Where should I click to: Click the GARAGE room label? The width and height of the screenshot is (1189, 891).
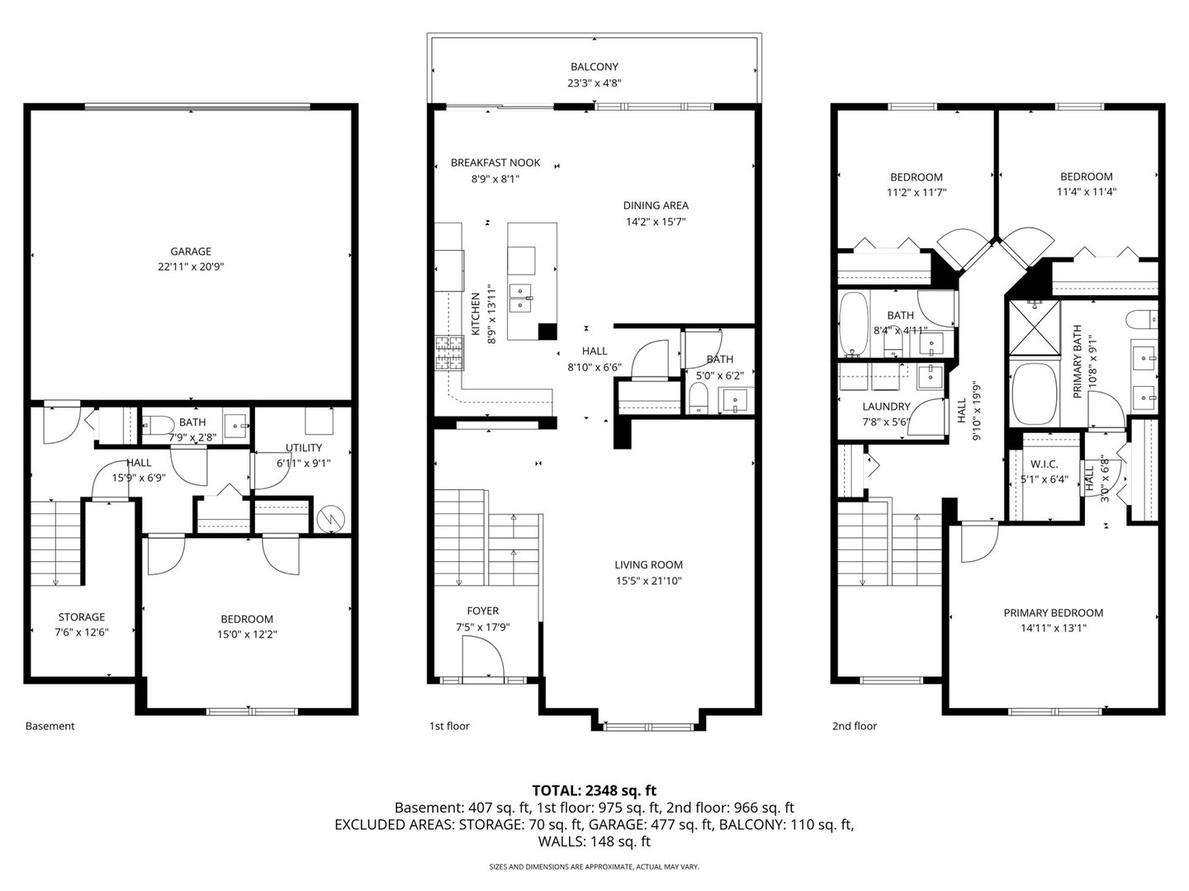[x=191, y=251]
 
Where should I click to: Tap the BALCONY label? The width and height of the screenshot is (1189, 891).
[x=594, y=67]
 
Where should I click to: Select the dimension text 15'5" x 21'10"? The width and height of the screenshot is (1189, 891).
[x=648, y=581]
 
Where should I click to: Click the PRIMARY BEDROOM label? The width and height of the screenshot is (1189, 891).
[x=1053, y=613]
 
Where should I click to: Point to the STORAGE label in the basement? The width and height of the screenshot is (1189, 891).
[x=82, y=617]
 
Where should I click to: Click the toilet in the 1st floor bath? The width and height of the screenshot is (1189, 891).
[x=699, y=398]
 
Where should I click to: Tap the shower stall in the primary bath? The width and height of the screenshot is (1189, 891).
[x=1035, y=328]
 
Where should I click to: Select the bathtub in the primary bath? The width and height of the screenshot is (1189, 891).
[x=1034, y=394]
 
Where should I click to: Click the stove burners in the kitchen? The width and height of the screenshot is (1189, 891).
[x=450, y=353]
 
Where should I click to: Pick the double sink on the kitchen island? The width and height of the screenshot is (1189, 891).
[x=520, y=299]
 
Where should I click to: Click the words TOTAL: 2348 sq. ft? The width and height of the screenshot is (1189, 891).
[x=594, y=790]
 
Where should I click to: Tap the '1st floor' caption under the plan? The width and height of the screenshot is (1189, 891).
[x=449, y=726]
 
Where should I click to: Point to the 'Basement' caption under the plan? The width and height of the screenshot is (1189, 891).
[x=50, y=726]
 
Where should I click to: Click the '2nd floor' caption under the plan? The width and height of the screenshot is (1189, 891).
[x=855, y=726]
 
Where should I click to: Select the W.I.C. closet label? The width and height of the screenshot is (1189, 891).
[x=1044, y=464]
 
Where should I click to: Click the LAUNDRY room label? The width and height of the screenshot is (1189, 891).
[x=886, y=406]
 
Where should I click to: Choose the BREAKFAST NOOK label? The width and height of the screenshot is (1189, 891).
[x=495, y=163]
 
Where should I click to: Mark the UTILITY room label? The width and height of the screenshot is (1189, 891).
[x=304, y=447]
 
